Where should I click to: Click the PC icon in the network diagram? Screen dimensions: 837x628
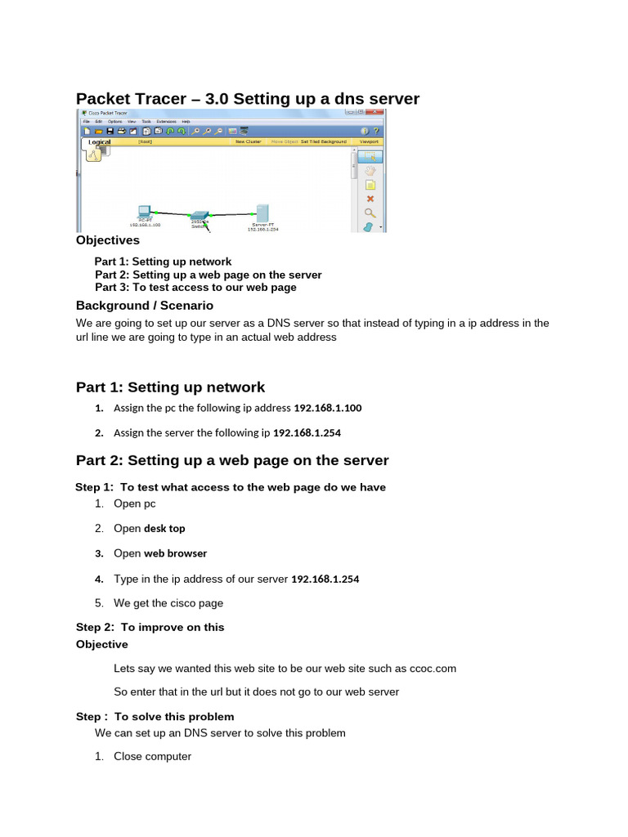click(x=144, y=211)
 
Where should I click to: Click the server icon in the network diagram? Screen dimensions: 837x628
click(x=262, y=212)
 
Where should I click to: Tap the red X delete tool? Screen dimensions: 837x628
click(x=370, y=199)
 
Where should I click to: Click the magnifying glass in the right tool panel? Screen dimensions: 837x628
click(x=370, y=213)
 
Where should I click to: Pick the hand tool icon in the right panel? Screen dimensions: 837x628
click(x=370, y=171)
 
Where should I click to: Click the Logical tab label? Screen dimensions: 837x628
click(x=99, y=141)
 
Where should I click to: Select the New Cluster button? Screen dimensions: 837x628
click(x=248, y=141)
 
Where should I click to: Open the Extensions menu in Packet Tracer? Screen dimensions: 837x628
click(x=167, y=121)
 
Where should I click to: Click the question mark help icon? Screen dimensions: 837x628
click(x=376, y=131)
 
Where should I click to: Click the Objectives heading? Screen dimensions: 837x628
click(x=108, y=240)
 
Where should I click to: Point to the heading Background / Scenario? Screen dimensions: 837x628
click(x=144, y=305)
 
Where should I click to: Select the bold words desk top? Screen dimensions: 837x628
click(x=164, y=529)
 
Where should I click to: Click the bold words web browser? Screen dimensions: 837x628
click(x=175, y=553)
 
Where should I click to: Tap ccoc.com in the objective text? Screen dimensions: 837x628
click(x=433, y=669)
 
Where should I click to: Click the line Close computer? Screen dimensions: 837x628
click(x=152, y=757)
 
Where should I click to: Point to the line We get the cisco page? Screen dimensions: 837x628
click(x=168, y=603)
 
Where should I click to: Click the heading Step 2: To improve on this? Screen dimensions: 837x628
click(x=150, y=627)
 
